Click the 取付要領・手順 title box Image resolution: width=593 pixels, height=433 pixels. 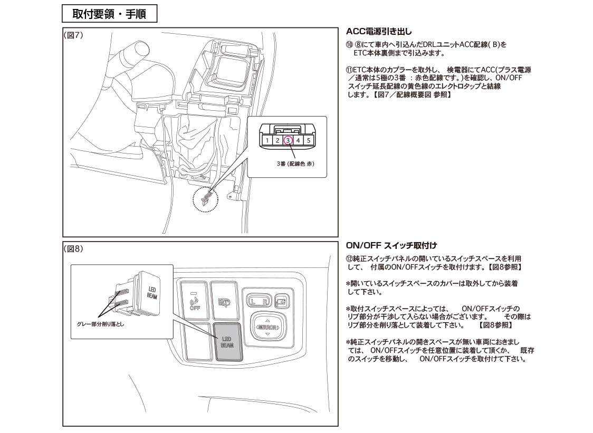(x=109, y=14)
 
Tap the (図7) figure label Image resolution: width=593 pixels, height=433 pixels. (x=73, y=35)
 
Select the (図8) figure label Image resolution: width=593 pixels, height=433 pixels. (x=73, y=249)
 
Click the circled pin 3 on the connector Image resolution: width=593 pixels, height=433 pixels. (x=288, y=140)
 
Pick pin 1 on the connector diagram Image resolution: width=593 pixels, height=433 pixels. (x=267, y=141)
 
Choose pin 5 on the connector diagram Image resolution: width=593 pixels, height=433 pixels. (x=309, y=141)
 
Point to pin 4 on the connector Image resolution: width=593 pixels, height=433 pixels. (x=298, y=141)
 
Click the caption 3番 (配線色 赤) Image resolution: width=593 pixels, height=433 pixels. (x=295, y=163)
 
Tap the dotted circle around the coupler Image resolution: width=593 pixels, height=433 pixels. (x=205, y=199)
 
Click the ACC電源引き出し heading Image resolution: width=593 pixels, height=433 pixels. (x=379, y=32)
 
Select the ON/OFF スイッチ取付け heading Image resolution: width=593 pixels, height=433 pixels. (x=391, y=245)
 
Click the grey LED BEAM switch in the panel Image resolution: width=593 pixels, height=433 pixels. (x=228, y=342)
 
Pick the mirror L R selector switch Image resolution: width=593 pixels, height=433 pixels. (x=259, y=301)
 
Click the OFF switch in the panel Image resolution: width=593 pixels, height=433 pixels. (x=195, y=300)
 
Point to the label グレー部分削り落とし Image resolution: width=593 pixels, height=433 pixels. (x=100, y=324)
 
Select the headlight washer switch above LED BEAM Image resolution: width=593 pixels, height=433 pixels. (x=225, y=301)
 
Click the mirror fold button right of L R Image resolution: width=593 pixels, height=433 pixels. (x=282, y=301)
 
